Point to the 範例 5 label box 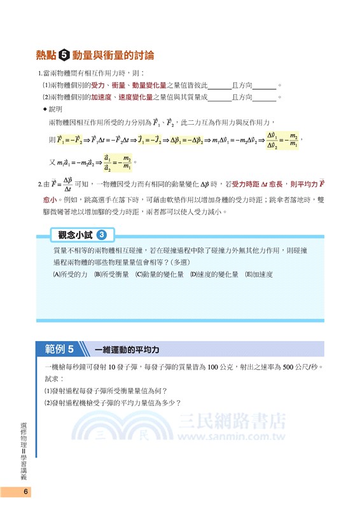click(60, 349)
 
